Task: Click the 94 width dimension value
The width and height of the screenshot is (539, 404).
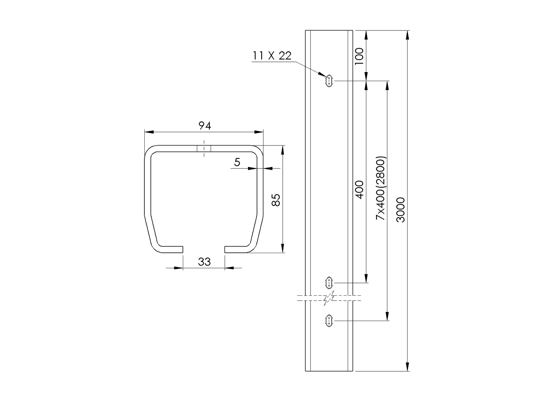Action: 204,126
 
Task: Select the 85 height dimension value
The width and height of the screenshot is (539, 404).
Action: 276,200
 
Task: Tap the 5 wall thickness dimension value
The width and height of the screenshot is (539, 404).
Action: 237,162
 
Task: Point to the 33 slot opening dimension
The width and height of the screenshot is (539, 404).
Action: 204,262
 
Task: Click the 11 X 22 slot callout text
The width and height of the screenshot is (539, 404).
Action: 272,56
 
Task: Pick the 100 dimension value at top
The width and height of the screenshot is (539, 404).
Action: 359,56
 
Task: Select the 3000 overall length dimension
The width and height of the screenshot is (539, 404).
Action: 401,210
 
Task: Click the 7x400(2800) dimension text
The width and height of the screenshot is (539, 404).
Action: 381,188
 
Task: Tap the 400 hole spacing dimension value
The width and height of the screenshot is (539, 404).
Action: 360,190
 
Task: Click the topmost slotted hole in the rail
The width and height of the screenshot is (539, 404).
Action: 329,81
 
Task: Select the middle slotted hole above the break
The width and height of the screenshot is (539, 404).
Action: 329,283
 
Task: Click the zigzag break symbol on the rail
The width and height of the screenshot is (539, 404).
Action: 329,298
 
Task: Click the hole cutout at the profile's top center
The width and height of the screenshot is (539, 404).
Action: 204,148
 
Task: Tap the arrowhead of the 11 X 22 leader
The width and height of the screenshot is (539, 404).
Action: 322,74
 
